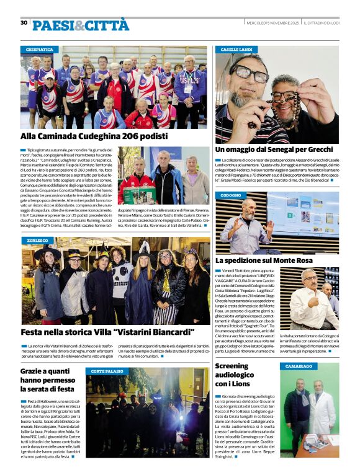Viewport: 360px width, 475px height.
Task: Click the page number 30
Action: [24, 23]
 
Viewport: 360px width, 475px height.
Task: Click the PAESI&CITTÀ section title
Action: [81, 25]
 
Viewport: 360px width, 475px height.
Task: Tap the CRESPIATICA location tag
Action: [40, 49]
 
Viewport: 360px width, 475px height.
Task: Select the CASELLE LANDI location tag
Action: [236, 49]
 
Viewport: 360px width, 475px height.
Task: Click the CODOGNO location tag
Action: [231, 195]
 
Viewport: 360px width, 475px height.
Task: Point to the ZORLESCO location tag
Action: [38, 240]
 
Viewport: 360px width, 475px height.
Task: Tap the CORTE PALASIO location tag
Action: [107, 371]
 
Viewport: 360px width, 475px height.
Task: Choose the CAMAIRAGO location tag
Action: [299, 366]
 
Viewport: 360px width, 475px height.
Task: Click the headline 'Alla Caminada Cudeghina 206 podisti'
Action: [94, 136]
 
